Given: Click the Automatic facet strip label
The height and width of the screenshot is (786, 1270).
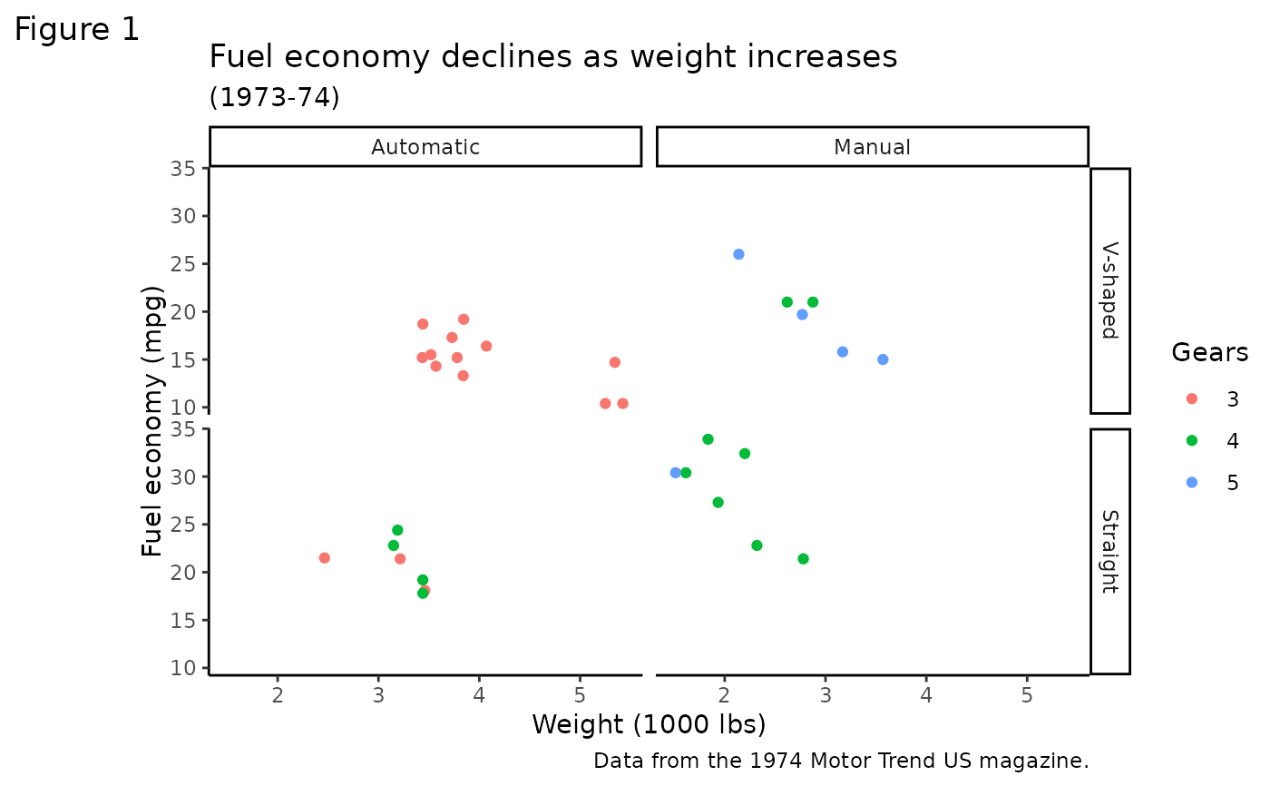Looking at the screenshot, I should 425,147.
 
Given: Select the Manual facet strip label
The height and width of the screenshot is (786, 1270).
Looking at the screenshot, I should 872,147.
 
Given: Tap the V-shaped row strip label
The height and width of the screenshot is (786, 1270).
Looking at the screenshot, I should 1109,290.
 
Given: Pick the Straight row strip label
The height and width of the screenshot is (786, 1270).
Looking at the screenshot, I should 1109,551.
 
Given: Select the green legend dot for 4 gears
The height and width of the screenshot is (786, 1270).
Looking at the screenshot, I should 1192,440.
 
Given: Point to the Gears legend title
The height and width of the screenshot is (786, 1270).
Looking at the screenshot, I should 1209,352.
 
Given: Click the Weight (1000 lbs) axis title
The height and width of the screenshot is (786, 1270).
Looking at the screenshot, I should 649,724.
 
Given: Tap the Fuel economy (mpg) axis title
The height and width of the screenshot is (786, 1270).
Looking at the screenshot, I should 153,422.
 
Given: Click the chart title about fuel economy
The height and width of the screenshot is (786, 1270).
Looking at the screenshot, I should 553,56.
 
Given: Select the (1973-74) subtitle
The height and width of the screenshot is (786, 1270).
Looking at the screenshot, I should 274,97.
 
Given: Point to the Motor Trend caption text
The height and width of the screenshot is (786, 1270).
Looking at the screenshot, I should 841,761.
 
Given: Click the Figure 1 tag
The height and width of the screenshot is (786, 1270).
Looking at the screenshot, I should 77,30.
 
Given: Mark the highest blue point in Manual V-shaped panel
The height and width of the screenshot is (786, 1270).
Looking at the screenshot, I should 738,254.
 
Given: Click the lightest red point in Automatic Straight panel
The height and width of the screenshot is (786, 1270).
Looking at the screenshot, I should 324,557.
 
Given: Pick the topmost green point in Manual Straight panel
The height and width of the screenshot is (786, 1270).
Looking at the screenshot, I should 708,439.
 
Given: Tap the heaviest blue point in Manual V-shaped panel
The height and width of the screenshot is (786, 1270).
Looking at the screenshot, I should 883,359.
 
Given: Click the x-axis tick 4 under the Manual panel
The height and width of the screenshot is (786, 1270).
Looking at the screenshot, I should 925,694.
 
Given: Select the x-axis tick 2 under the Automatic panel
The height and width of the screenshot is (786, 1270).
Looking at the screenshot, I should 278,694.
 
